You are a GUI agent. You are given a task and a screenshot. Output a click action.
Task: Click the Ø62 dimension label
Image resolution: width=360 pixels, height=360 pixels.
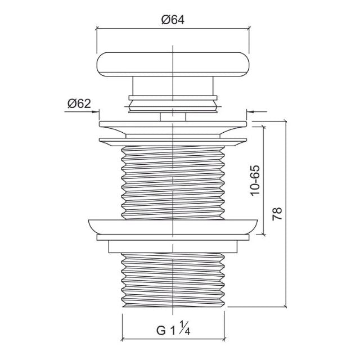(79, 103)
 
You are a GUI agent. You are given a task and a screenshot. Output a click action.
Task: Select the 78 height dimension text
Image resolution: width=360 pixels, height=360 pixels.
(276, 214)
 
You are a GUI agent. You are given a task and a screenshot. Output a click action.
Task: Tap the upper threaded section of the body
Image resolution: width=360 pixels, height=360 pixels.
(173, 180)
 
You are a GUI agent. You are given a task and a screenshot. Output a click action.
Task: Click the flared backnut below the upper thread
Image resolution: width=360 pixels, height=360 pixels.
(173, 225)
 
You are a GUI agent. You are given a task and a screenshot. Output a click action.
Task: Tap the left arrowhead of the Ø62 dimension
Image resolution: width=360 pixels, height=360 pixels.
(94, 112)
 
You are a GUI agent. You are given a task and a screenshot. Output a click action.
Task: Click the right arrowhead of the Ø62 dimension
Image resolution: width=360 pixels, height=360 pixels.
(250, 112)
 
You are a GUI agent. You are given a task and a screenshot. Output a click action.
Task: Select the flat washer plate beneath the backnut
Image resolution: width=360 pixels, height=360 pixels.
(173, 237)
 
